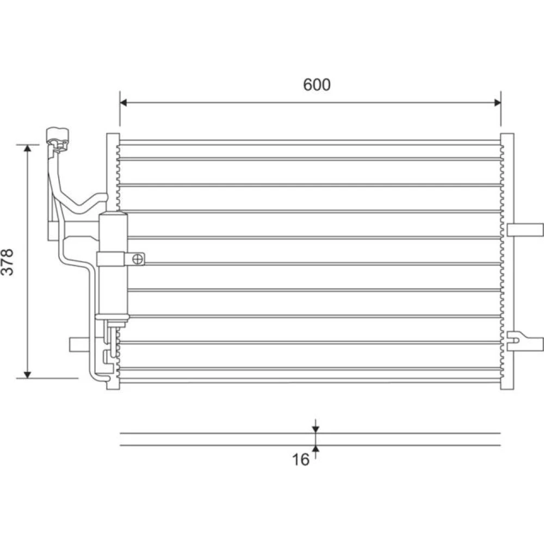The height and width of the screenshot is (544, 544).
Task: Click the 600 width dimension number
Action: point(317,85)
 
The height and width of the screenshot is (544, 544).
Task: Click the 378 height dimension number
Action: point(7,262)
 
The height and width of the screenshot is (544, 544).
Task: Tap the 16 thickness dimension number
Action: point(300,460)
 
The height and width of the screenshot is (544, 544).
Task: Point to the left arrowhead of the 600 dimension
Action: point(123,102)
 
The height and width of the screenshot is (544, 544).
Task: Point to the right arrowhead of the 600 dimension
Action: point(497,102)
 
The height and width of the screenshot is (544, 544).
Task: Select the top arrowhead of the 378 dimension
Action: point(28,148)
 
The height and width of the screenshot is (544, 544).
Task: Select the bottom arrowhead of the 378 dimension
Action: point(28,375)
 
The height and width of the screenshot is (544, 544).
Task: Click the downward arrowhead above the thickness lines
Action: point(316,430)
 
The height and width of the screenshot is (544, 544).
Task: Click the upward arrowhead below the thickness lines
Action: point(316,449)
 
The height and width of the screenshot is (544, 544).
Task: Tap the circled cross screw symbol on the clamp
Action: point(138,259)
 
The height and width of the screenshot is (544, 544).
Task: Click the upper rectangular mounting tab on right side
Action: point(525,230)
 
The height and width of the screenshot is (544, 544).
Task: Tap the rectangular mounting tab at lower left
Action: point(83,344)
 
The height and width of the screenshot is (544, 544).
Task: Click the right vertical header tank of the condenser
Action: point(507,261)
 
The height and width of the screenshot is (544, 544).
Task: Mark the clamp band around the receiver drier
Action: point(110,259)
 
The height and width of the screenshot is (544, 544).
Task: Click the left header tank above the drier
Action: point(113,172)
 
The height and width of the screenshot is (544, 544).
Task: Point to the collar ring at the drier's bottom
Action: point(112,317)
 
